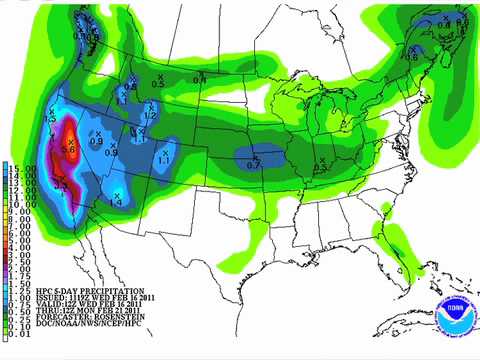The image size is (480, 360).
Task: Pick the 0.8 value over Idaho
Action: coord(130,88)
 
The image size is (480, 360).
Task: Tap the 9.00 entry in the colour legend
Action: coord(19,207)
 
